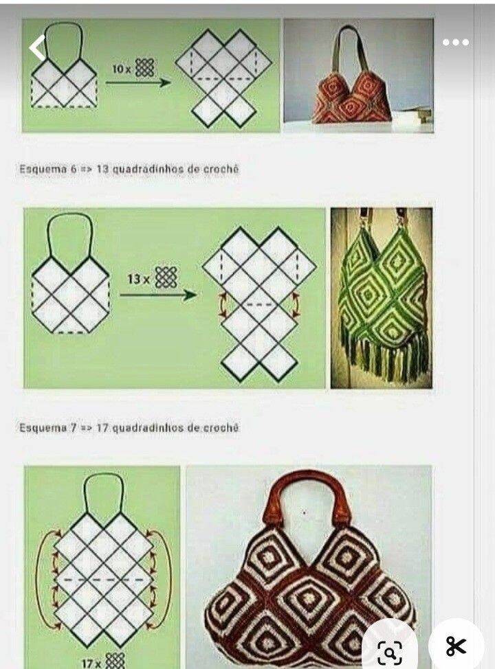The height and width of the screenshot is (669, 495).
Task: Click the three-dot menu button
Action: pyautogui.click(x=456, y=42)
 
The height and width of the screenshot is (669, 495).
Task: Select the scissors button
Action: pyautogui.click(x=456, y=646)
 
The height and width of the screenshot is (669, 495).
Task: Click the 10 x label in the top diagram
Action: pyautogui.click(x=122, y=68)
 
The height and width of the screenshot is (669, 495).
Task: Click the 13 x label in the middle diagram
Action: pyautogui.click(x=139, y=279)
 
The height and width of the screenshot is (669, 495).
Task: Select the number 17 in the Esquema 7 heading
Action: pyautogui.click(x=102, y=427)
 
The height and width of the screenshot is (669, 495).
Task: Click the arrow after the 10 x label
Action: pyautogui.click(x=137, y=82)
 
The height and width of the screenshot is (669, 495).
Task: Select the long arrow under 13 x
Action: pyautogui.click(x=158, y=295)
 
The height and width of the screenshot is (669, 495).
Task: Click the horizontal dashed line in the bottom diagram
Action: pyautogui.click(x=104, y=580)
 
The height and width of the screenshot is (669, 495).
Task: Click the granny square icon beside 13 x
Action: pyautogui.click(x=166, y=277)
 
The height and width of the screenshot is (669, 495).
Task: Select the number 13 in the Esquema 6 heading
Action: pyautogui.click(x=102, y=170)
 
